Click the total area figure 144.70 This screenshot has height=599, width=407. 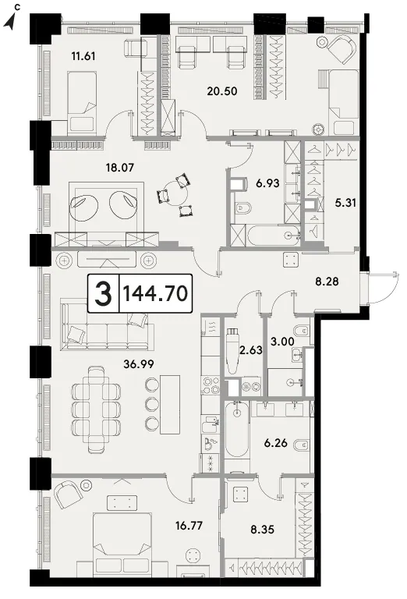[x=155, y=293]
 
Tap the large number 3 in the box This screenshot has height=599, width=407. [x=104, y=293]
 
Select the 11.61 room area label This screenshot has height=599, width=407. [x=83, y=56]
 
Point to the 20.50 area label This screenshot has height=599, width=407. [x=222, y=91]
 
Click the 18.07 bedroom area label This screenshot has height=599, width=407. [x=120, y=168]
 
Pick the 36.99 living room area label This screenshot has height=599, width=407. [x=139, y=364]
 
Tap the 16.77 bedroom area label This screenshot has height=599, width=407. [x=189, y=526]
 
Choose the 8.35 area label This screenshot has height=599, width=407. [x=263, y=530]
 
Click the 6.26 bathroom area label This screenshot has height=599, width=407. [x=276, y=444]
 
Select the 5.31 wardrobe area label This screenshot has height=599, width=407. [x=345, y=203]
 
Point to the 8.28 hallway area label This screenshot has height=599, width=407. [x=327, y=282]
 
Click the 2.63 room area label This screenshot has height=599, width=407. [x=251, y=350]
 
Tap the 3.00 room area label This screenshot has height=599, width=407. [x=282, y=342]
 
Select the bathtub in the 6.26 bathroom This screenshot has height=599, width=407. [x=237, y=429]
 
